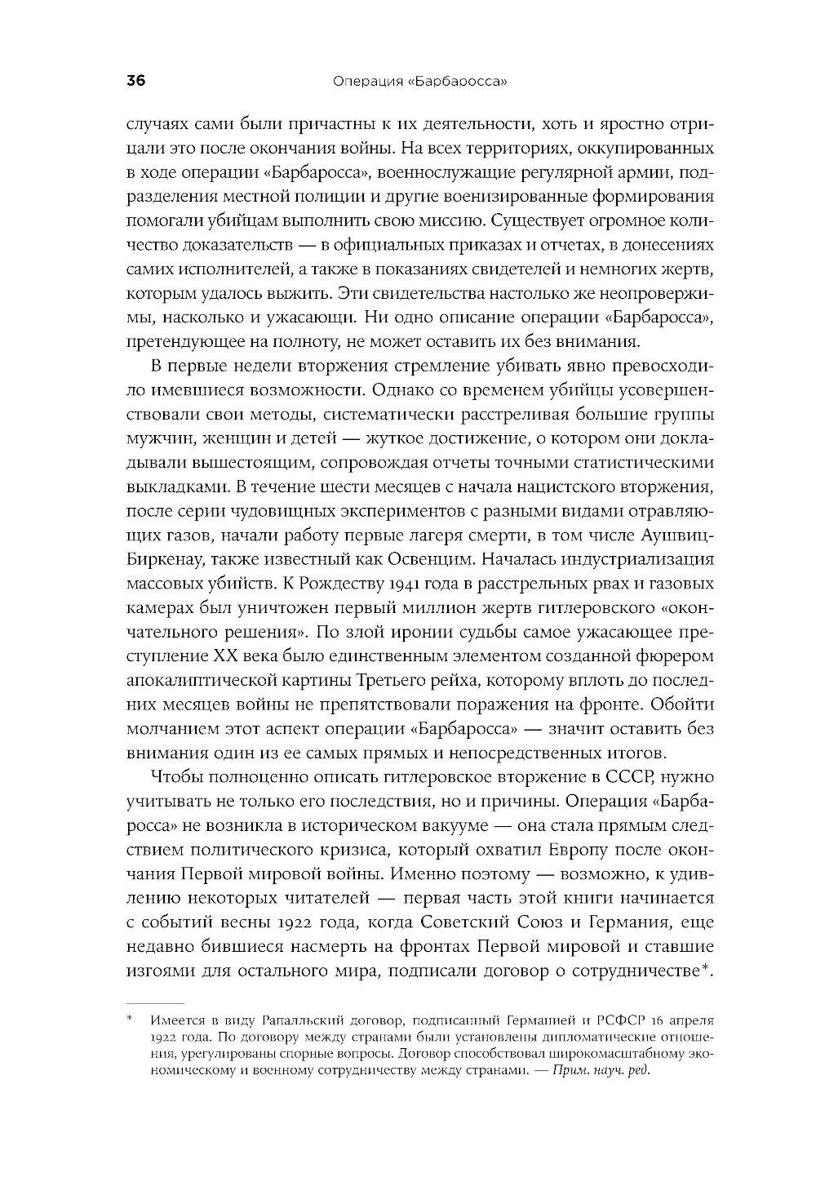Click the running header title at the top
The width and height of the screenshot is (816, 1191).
tap(416, 82)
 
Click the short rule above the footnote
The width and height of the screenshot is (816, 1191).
tap(155, 1002)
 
